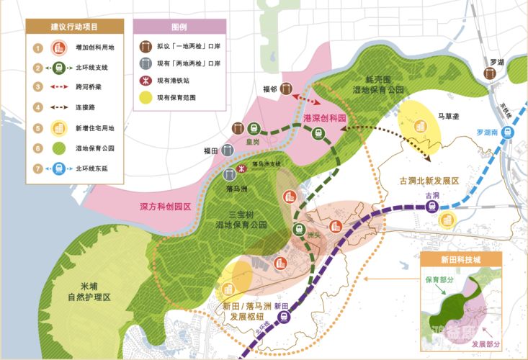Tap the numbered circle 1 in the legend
click(x=37, y=48)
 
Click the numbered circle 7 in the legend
click(x=37, y=168)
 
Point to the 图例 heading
click(x=179, y=27)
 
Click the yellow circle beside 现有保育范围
click(x=146, y=97)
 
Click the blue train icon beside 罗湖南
click(x=509, y=132)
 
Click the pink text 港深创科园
click(x=325, y=117)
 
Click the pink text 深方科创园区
click(x=165, y=206)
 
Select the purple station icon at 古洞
click(x=432, y=207)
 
